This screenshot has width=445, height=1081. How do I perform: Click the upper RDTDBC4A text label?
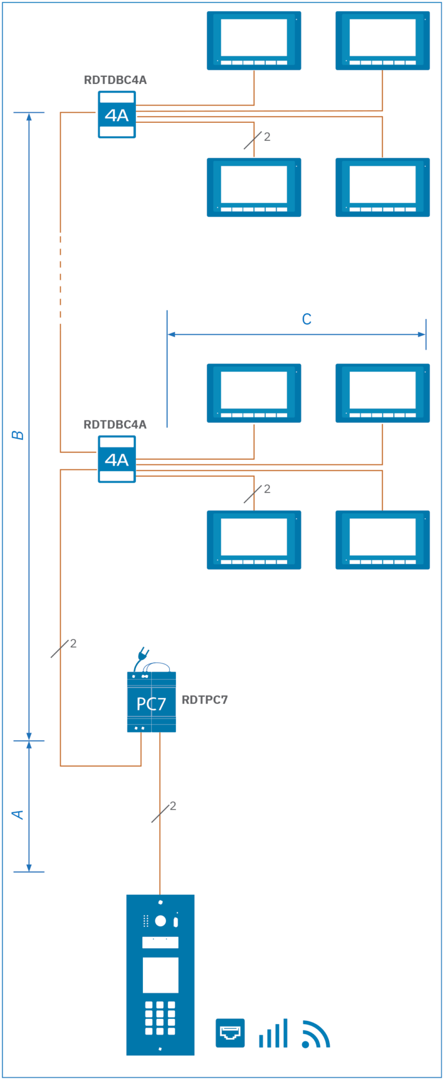click(115, 80)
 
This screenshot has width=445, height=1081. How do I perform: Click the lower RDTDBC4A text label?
click(115, 425)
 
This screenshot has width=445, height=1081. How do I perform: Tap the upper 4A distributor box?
click(117, 115)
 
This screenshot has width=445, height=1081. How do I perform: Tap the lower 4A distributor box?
click(117, 459)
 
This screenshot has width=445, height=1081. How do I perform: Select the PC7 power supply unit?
click(151, 703)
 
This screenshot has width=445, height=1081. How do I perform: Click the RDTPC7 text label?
click(205, 700)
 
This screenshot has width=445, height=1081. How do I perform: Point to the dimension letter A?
click(18, 815)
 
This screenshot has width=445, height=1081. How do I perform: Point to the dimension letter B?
click(18, 435)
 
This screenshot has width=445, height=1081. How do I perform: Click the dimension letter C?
click(306, 319)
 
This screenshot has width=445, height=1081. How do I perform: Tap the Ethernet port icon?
click(230, 1033)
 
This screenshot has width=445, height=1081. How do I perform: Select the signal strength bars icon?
click(273, 1033)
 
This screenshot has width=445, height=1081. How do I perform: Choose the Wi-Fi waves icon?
click(315, 1034)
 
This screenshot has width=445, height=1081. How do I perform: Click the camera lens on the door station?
click(160, 921)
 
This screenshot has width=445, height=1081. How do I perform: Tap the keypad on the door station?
click(160, 1018)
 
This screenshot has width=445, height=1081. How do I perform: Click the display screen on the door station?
click(160, 975)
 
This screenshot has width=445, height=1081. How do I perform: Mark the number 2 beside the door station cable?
click(173, 806)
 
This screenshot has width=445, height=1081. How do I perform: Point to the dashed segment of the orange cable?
click(60, 278)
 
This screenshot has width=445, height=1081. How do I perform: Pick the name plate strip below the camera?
click(160, 943)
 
